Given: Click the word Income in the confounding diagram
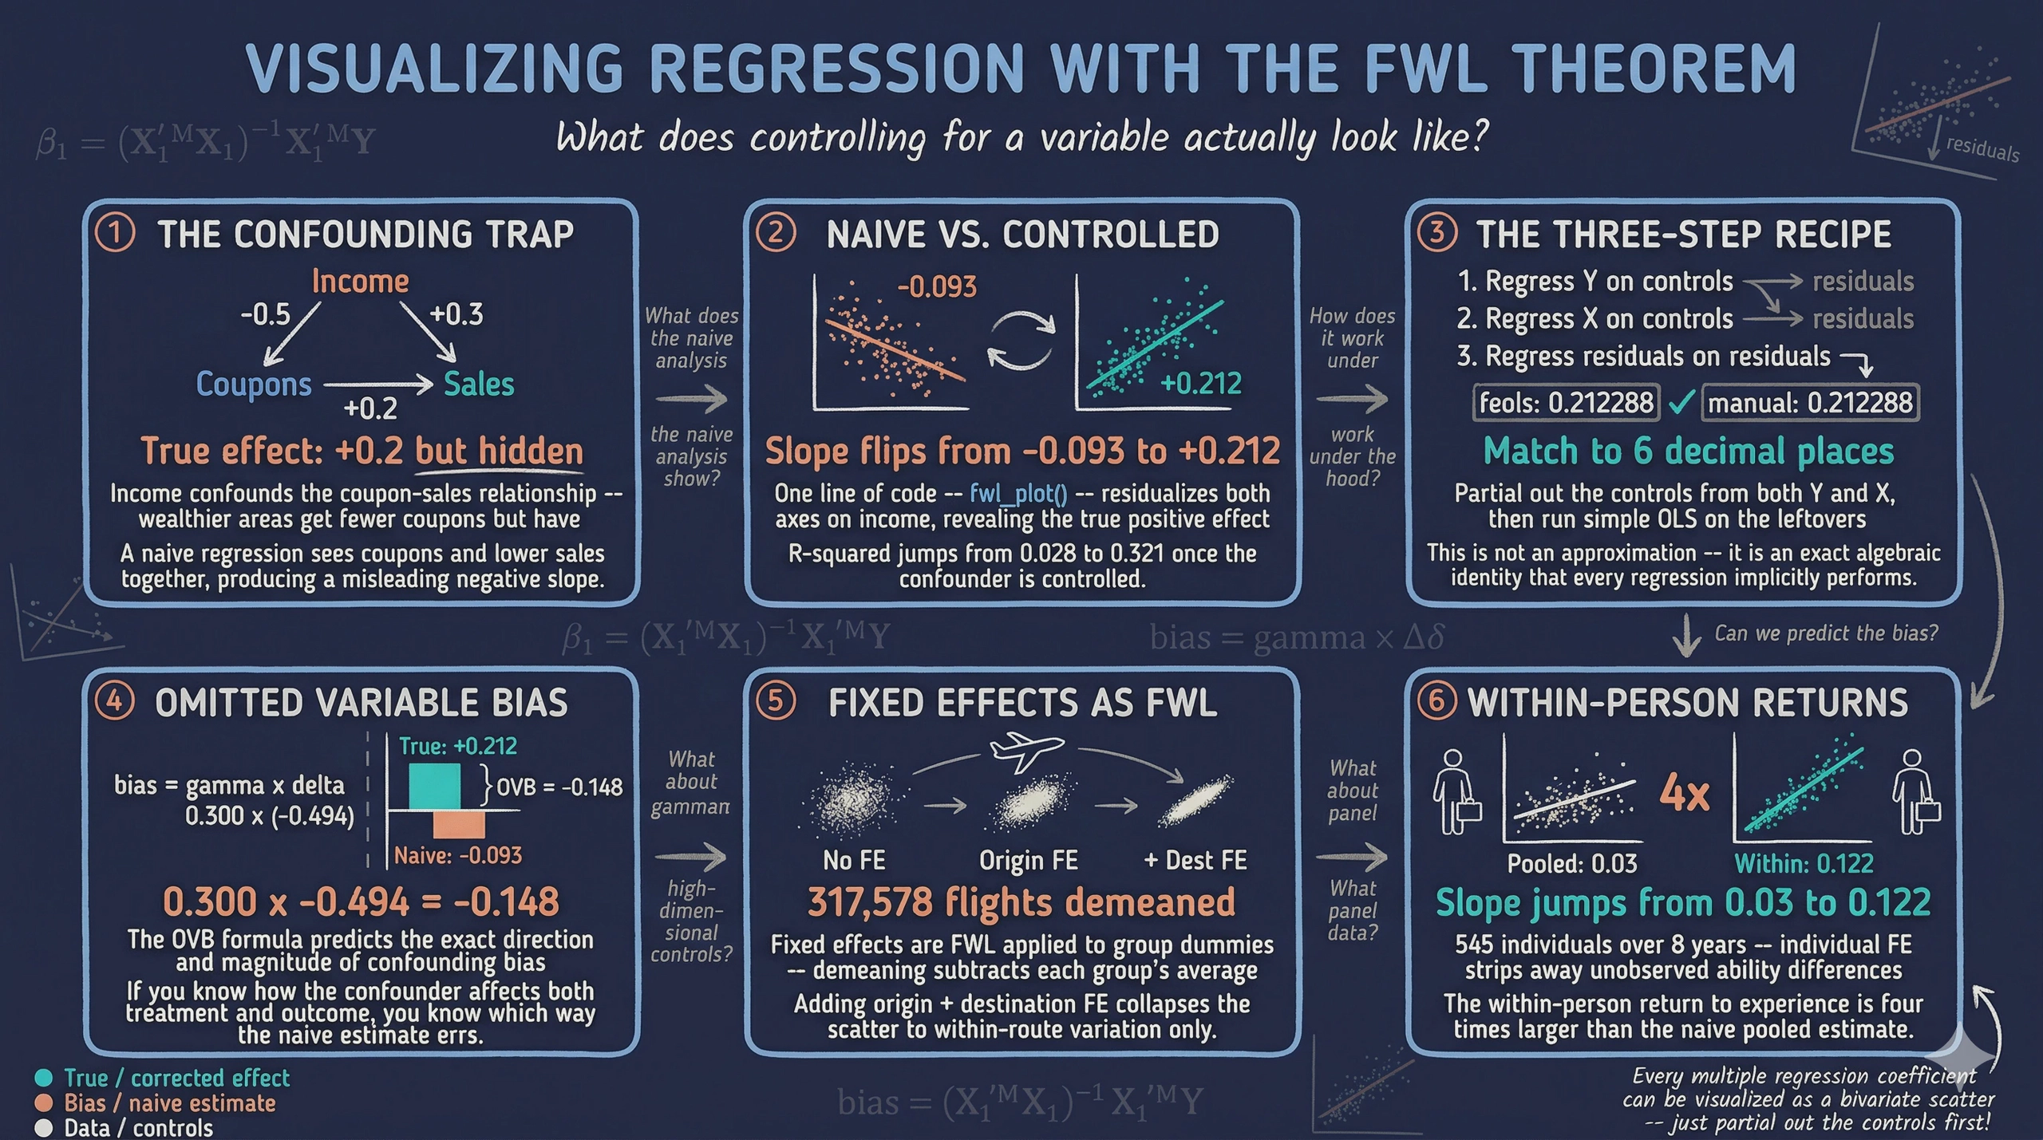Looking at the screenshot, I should pos(360,282).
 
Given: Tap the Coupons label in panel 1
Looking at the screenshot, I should pos(254,384).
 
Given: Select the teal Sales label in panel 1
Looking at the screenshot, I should pos(479,384).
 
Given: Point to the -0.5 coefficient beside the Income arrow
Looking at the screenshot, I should pos(265,314).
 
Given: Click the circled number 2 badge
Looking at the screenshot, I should pos(776,234).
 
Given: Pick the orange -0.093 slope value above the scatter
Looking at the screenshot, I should pos(936,286).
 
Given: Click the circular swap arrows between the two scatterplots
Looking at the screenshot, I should pos(1021,341).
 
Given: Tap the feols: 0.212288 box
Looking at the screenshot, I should pos(1566,402).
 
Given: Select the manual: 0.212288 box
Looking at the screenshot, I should pos(1810,402).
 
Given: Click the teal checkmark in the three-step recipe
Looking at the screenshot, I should pos(1681,402).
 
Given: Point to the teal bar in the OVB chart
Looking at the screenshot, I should pos(434,787).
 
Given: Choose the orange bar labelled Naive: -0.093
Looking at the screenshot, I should pos(459,824).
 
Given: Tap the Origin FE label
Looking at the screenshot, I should pos(1028,860).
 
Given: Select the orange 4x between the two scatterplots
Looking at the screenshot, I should pos(1684,794).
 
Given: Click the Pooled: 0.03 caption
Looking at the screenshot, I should pos(1571,863).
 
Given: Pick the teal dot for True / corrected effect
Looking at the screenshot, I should pos(44,1078).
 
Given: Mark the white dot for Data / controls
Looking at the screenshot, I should pos(44,1128).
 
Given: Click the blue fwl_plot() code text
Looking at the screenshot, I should pos(1018,494).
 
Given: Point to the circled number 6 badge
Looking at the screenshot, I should pos(1436,702).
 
